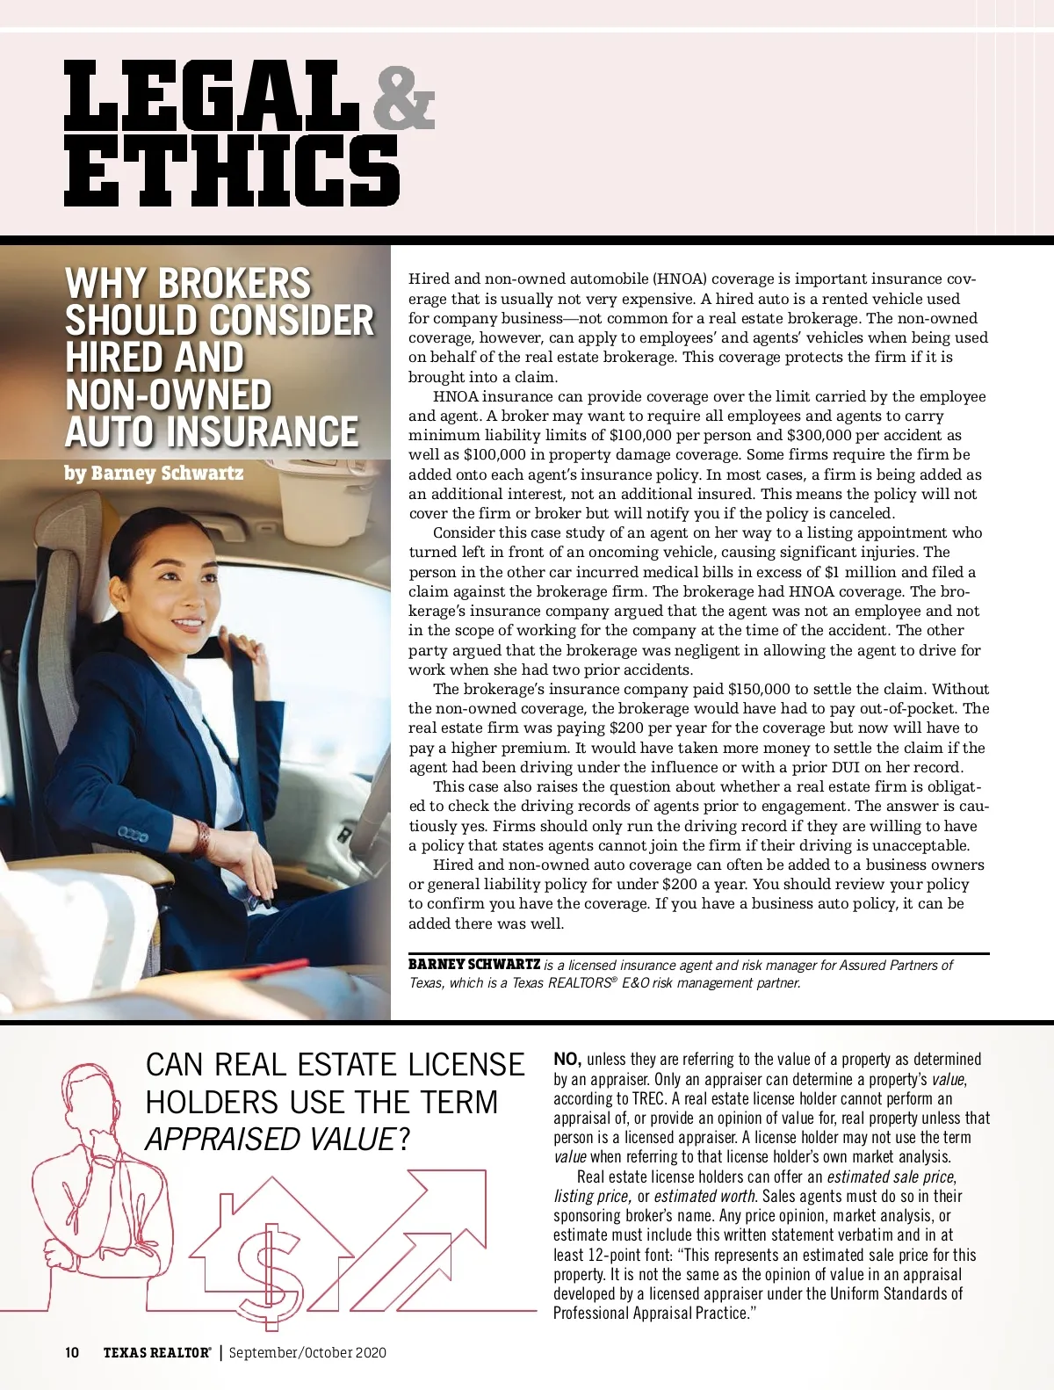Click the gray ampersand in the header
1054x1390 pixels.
click(x=403, y=100)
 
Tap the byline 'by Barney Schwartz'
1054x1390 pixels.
click(x=154, y=474)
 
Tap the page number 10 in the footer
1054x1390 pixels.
click(x=72, y=1352)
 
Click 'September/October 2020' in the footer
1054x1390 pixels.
click(x=307, y=1352)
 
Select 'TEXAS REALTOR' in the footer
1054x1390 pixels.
click(x=156, y=1352)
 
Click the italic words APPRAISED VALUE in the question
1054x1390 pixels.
click(x=269, y=1140)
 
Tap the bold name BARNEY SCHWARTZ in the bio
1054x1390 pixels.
click(x=474, y=964)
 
